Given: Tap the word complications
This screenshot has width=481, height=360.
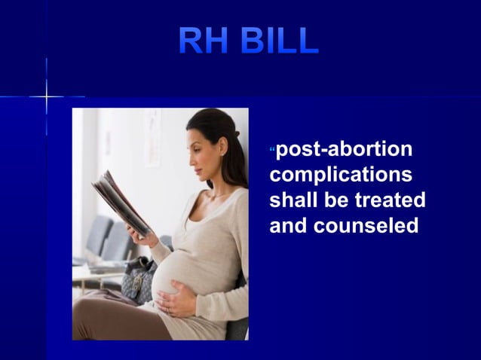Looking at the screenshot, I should (x=342, y=175).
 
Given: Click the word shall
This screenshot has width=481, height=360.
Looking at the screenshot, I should (x=293, y=200).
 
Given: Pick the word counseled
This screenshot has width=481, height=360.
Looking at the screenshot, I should (x=372, y=225).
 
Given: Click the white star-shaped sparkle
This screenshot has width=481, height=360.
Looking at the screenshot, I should (x=46, y=97).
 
